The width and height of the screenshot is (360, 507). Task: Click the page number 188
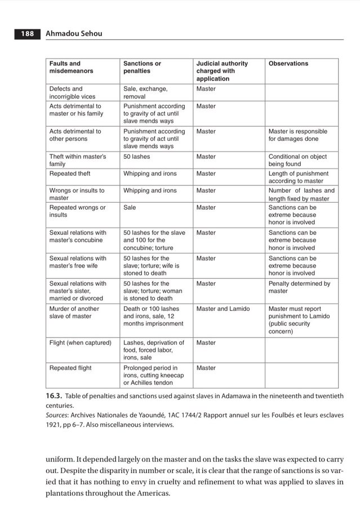(x=28, y=34)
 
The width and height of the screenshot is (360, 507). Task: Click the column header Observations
(x=288, y=64)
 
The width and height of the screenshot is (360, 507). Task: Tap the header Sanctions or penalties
(x=142, y=68)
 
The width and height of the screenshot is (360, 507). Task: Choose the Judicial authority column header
(x=222, y=71)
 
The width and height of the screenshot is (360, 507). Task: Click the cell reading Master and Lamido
(x=224, y=309)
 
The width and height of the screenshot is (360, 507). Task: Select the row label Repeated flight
(x=70, y=368)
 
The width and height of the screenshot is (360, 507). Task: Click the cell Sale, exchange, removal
(x=145, y=92)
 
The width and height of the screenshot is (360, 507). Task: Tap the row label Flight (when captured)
(x=80, y=343)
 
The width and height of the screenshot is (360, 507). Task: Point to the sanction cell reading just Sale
(x=130, y=207)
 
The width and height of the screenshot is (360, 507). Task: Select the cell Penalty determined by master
(x=299, y=287)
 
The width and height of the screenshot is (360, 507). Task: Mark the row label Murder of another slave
(x=74, y=312)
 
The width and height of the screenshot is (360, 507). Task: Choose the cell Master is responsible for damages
(x=297, y=135)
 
